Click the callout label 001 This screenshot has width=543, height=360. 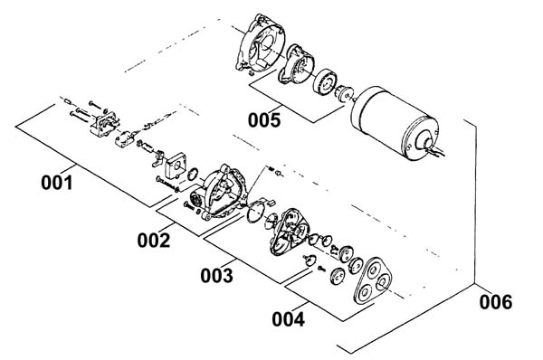(x=57, y=183)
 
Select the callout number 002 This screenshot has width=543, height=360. (x=154, y=241)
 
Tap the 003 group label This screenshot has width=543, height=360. (x=217, y=276)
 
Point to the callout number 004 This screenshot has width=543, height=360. (x=288, y=319)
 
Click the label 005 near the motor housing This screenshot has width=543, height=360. (x=264, y=120)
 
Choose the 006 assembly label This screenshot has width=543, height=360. (x=496, y=302)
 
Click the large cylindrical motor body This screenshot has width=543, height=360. (x=394, y=123)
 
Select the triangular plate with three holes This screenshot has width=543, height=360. (x=372, y=280)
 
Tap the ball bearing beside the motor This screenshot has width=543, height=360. (x=325, y=81)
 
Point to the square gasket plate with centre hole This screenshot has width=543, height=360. (x=176, y=166)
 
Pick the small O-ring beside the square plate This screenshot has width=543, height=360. (x=194, y=174)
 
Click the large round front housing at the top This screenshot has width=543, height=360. (x=260, y=43)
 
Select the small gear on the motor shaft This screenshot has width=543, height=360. (x=344, y=93)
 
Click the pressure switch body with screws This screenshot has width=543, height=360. (x=103, y=124)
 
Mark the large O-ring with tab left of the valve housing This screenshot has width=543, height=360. (x=256, y=211)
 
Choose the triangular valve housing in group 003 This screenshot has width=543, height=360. (x=289, y=232)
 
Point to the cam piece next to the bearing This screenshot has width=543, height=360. (x=297, y=64)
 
